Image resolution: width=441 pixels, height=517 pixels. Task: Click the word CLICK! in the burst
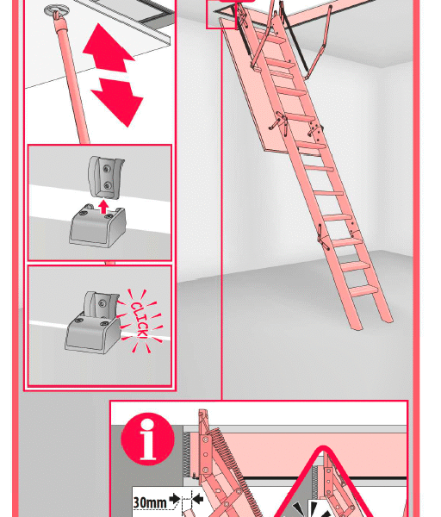click(x=140, y=321)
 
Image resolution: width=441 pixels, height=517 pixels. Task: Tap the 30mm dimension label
click(x=150, y=502)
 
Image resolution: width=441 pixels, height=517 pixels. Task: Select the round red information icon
click(x=147, y=439)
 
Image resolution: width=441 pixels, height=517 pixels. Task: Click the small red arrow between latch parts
click(x=104, y=207)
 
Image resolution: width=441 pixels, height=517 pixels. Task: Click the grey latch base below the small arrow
click(x=97, y=226)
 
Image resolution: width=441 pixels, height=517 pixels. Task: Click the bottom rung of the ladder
click(x=363, y=291)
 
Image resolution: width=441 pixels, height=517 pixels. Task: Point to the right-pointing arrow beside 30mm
click(x=175, y=499)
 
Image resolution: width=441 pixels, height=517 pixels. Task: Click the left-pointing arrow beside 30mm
click(x=197, y=499)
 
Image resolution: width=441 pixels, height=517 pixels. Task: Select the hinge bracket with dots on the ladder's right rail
click(x=315, y=128)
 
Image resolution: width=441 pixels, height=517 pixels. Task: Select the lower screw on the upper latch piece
click(x=107, y=186)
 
